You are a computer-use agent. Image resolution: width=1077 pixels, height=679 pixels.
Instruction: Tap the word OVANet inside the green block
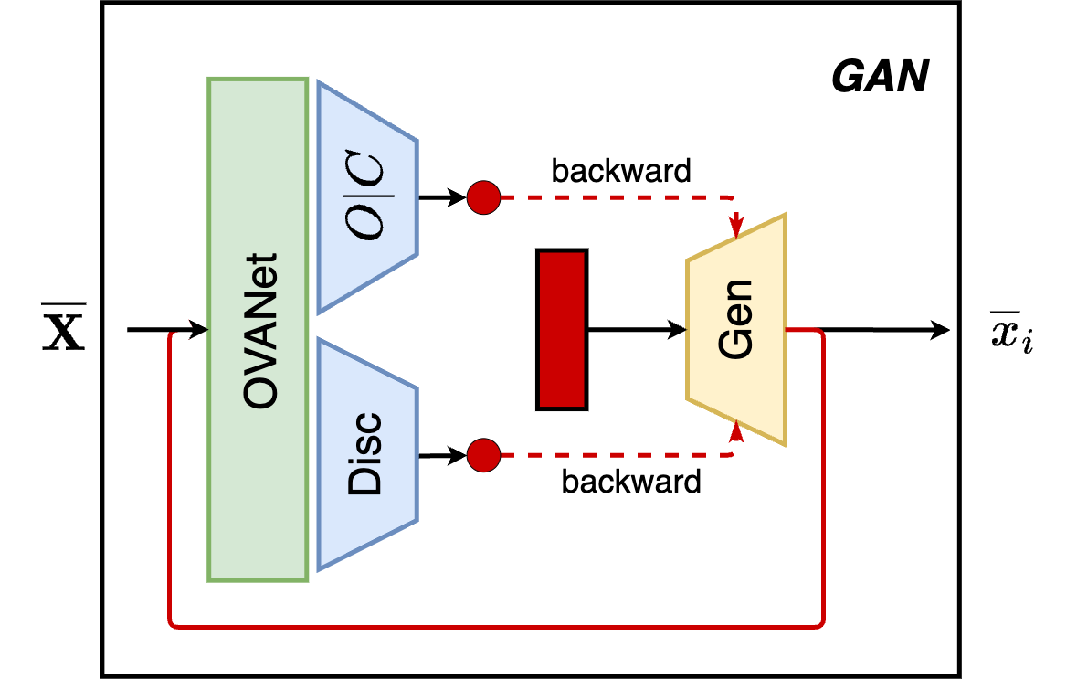259,330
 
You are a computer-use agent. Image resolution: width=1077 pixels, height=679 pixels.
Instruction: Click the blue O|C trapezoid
365,196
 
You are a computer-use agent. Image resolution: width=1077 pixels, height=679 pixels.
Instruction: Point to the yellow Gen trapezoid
736,330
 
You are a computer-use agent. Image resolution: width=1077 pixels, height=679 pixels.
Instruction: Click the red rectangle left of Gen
561,330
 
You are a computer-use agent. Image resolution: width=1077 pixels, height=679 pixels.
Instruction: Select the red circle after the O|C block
483,196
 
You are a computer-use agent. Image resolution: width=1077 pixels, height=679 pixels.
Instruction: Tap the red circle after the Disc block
483,453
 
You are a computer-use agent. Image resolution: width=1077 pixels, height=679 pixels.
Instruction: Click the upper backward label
621,171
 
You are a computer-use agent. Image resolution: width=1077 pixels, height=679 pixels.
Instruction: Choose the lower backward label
631,481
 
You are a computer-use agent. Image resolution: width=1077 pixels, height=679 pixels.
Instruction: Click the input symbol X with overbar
66,331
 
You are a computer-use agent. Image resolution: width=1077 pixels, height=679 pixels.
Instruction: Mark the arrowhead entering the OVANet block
199,330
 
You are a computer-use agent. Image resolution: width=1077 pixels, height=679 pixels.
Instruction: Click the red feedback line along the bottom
498,627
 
